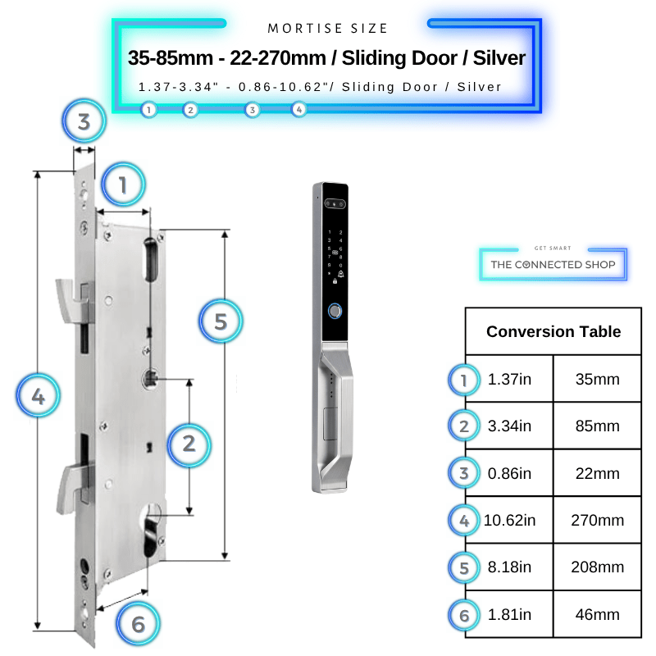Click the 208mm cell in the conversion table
pyautogui.click(x=597, y=567)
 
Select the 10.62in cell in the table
pyautogui.click(x=509, y=520)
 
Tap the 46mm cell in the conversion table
pyautogui.click(x=597, y=614)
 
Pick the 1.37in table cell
pyautogui.click(x=509, y=379)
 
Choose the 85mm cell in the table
pyautogui.click(x=597, y=426)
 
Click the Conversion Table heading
pyautogui.click(x=553, y=331)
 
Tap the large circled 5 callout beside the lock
pyautogui.click(x=221, y=321)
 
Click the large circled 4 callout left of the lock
pyautogui.click(x=38, y=396)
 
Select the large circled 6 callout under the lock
pyautogui.click(x=138, y=624)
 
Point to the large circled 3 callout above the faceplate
pyautogui.click(x=84, y=121)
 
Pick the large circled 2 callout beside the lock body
pyautogui.click(x=189, y=444)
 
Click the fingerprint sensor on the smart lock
pyautogui.click(x=335, y=311)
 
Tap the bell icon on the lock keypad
pyautogui.click(x=341, y=274)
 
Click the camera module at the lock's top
pyautogui.click(x=335, y=203)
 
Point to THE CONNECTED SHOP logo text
pyautogui.click(x=553, y=264)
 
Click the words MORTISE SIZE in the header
pyautogui.click(x=328, y=29)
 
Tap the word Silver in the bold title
pyautogui.click(x=499, y=57)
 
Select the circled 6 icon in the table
pyautogui.click(x=464, y=615)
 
